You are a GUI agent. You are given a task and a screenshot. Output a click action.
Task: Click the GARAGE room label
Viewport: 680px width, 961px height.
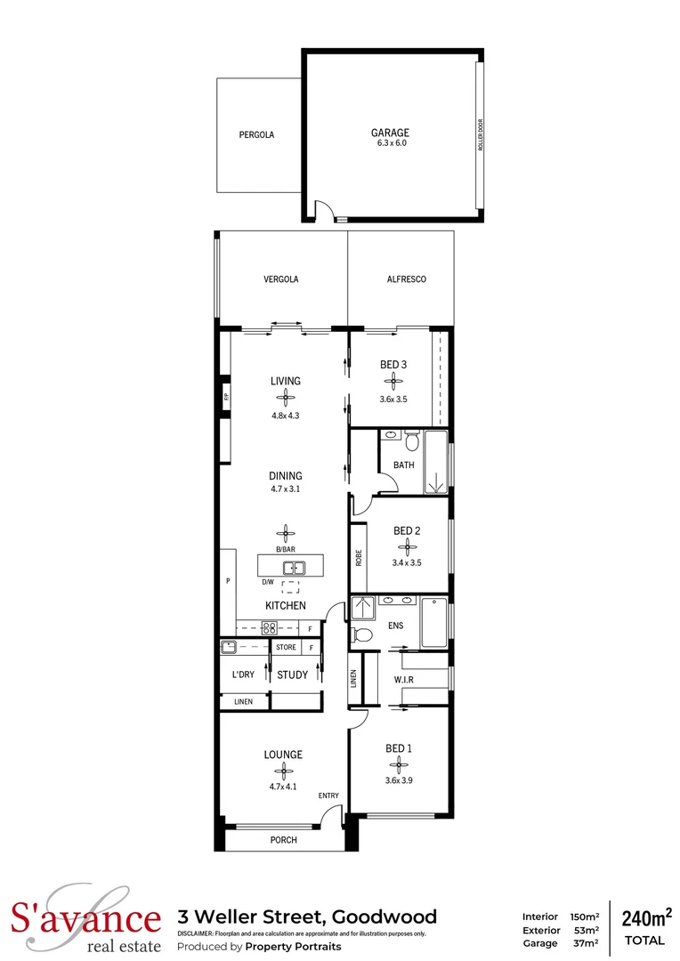point(390,133)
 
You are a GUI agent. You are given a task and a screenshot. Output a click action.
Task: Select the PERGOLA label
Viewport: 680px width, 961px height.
point(256,135)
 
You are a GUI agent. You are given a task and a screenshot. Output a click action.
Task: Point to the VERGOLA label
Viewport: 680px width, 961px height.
point(281,279)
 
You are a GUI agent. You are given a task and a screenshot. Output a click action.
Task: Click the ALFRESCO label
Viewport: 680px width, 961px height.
point(407,279)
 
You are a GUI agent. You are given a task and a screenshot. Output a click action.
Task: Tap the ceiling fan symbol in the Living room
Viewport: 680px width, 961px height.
point(286,398)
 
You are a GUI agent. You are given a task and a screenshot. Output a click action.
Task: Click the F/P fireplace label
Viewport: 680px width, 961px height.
point(226,397)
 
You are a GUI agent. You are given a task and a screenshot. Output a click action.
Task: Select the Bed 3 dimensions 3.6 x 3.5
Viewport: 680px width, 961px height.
point(393,400)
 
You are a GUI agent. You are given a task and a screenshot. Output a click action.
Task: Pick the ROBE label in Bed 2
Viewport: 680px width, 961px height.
point(359,557)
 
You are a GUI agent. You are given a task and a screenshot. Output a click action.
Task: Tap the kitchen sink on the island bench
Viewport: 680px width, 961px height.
point(294,567)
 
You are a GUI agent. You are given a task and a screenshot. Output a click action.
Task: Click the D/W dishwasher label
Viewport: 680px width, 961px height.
point(267,582)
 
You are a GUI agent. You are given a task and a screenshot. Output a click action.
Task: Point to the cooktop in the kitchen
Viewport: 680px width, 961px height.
point(269,629)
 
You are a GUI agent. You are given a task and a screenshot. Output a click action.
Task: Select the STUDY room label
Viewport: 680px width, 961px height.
point(292,675)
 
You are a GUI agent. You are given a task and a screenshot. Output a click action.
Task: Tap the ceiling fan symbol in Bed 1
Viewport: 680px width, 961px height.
point(399,764)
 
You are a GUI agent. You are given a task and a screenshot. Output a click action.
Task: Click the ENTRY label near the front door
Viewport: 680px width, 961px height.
point(328,795)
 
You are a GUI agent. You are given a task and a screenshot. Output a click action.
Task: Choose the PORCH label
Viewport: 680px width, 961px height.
point(283,840)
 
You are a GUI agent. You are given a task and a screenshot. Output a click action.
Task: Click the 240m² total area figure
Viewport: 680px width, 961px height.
point(645,917)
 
